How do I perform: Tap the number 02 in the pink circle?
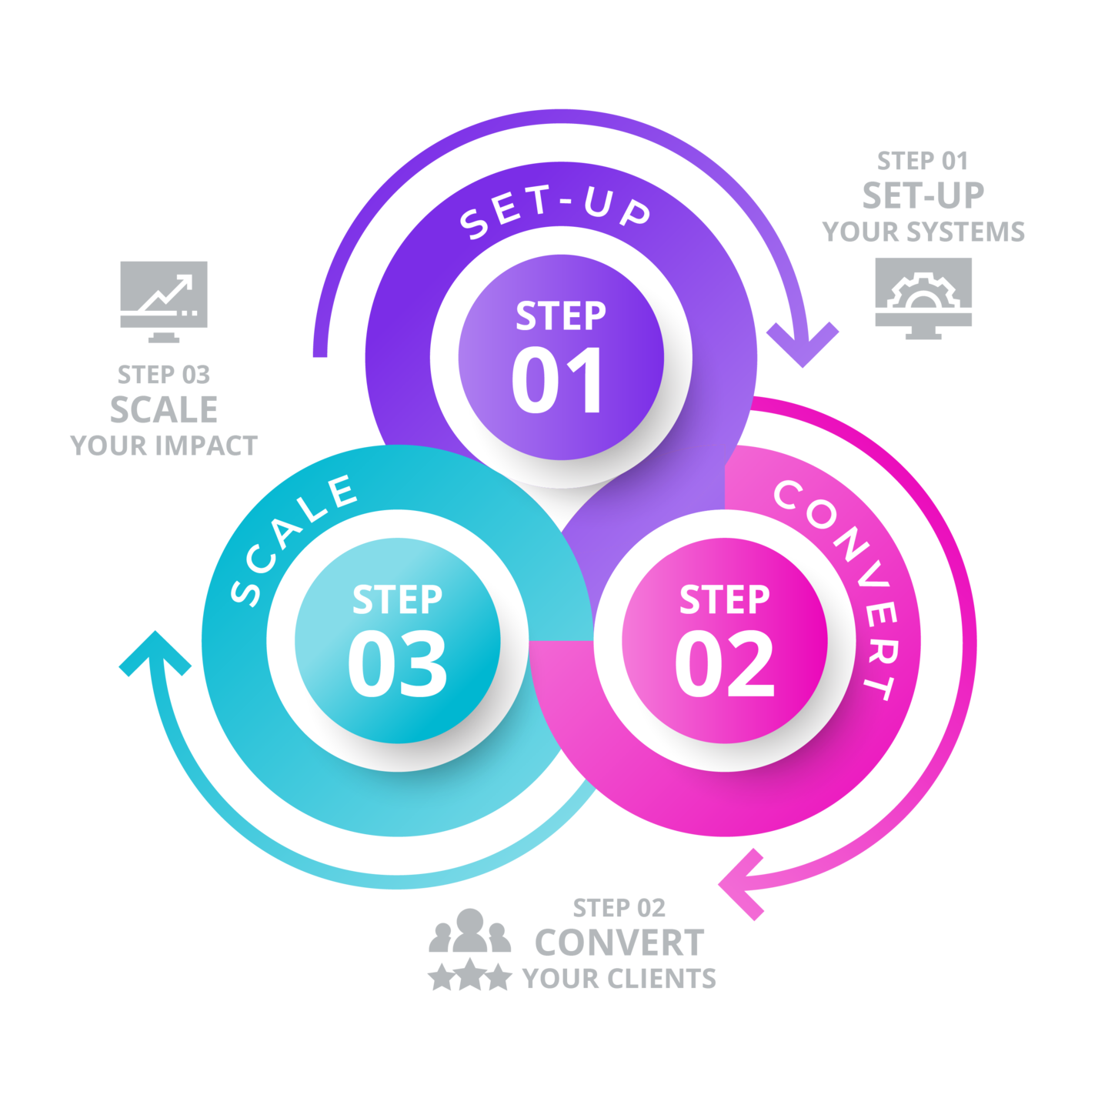click(724, 664)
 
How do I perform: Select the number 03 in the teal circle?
click(397, 664)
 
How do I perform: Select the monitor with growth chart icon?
click(164, 301)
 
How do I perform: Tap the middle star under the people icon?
click(469, 976)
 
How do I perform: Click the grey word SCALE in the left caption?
click(164, 409)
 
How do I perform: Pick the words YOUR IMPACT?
click(164, 446)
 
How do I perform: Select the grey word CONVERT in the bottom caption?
click(619, 943)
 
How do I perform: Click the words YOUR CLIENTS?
click(619, 979)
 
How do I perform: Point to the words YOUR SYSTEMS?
click(923, 232)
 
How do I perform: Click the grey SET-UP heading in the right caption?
click(923, 195)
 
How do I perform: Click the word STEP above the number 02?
click(724, 600)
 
